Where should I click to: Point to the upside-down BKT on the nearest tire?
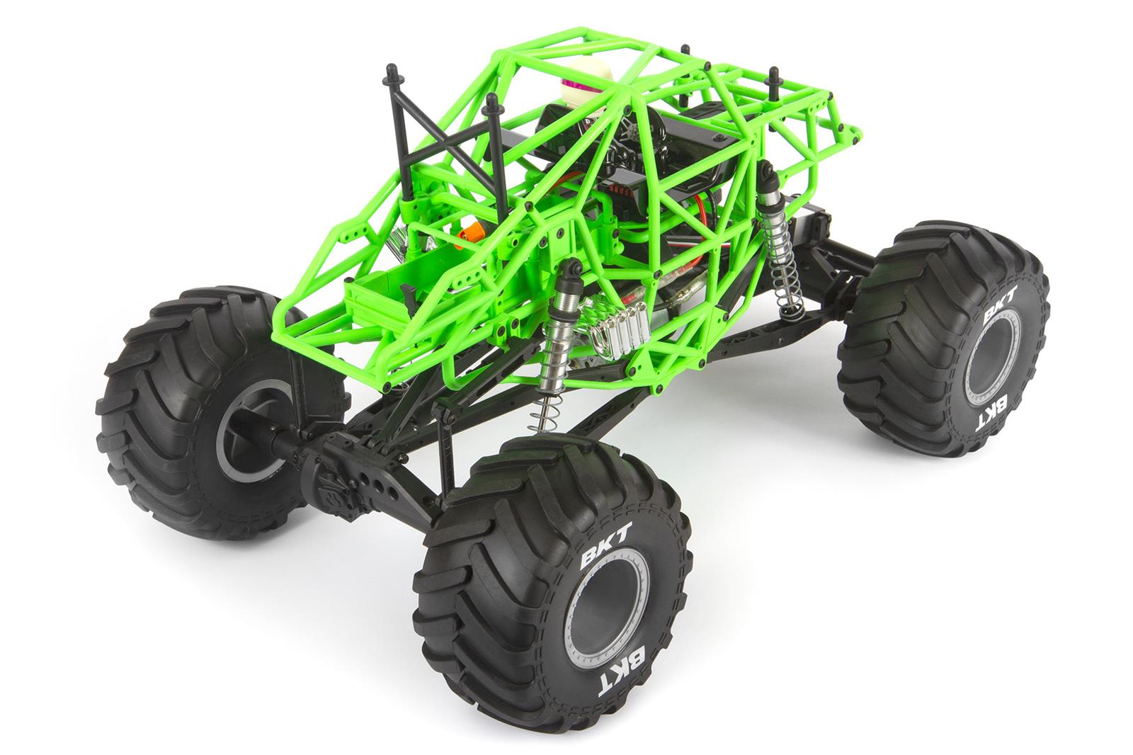(x=626, y=669)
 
